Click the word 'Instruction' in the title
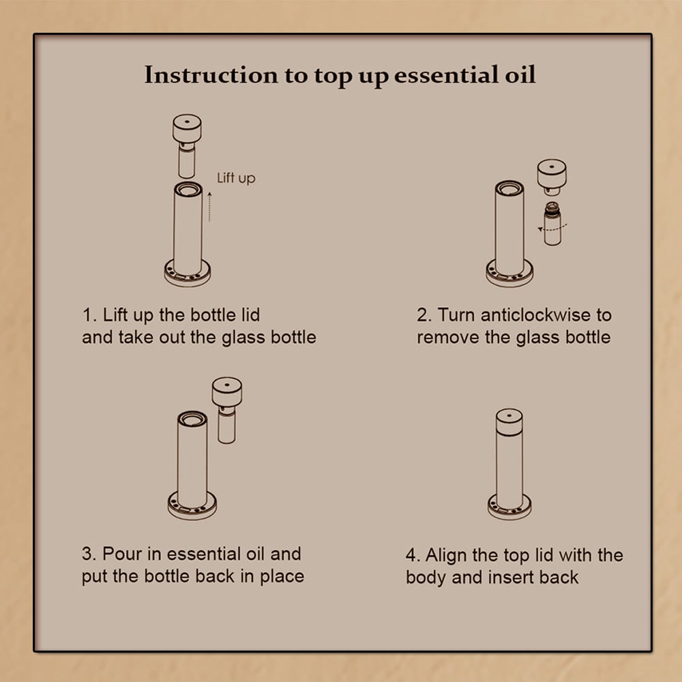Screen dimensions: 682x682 coord(211,75)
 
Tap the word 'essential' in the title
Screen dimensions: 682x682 coord(446,75)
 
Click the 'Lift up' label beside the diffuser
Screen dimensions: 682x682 coord(236,178)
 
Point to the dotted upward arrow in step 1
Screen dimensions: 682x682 coord(209,207)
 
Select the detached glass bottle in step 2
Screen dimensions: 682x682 coord(552,224)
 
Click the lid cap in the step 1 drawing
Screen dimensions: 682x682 coord(187,128)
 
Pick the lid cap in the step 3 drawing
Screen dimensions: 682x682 coord(227,391)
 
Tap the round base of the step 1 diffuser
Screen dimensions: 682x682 coord(188,274)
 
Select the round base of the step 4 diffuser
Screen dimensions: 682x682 coord(509,507)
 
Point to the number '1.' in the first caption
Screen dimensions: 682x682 coord(89,315)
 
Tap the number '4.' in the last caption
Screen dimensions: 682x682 coord(413,555)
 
